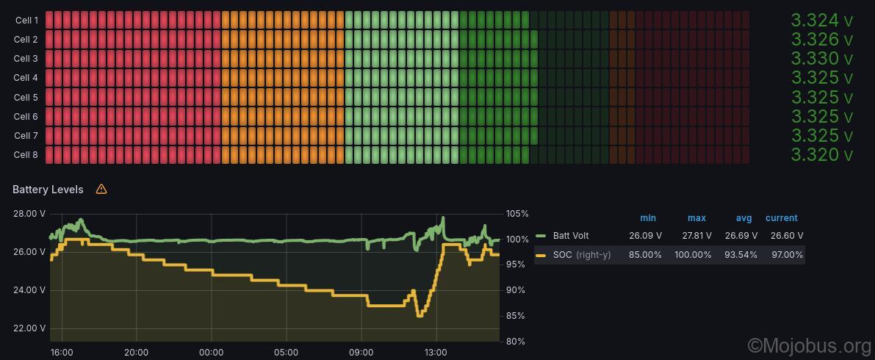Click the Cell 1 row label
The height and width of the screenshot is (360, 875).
pos(26,21)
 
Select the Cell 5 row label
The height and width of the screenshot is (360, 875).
pos(26,97)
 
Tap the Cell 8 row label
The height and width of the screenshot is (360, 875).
pos(26,154)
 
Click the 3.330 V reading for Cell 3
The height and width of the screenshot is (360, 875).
pos(821,59)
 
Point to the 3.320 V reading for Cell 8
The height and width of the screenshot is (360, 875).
pos(821,154)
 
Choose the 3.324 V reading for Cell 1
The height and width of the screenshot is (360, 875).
pos(821,21)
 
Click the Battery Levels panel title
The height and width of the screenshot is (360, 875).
pos(48,190)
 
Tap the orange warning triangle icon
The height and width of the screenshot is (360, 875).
pos(101,189)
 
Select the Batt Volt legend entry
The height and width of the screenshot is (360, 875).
pos(571,236)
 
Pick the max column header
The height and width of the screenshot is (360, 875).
pos(696,218)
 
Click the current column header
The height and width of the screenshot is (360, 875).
pos(781,218)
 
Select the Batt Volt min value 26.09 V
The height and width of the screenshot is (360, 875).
pos(645,236)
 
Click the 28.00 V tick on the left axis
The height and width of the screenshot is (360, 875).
pos(29,214)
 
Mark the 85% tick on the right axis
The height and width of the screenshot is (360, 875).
pos(516,316)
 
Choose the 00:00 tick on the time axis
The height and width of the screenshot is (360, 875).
pos(211,353)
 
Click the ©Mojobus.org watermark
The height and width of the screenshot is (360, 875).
pos(809,345)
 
